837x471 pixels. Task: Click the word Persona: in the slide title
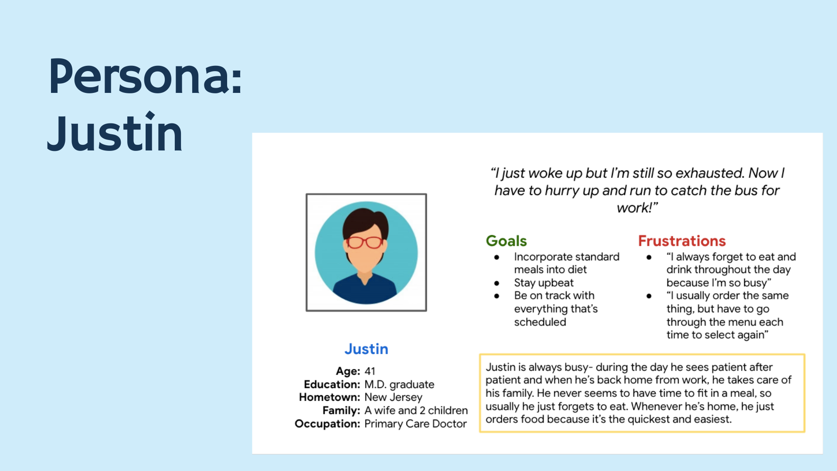145,76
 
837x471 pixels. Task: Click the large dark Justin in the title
115,132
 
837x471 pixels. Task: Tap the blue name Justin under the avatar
366,349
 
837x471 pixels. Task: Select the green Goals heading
507,241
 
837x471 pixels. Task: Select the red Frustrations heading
682,241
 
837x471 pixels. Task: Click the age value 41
370,371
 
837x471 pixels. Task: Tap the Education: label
332,384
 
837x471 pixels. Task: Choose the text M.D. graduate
399,385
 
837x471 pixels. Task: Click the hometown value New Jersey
393,397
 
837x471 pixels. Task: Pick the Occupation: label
327,424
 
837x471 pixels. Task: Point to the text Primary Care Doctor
415,424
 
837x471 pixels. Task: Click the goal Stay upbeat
544,283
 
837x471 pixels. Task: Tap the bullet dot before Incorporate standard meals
497,257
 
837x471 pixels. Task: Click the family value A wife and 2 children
416,410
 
